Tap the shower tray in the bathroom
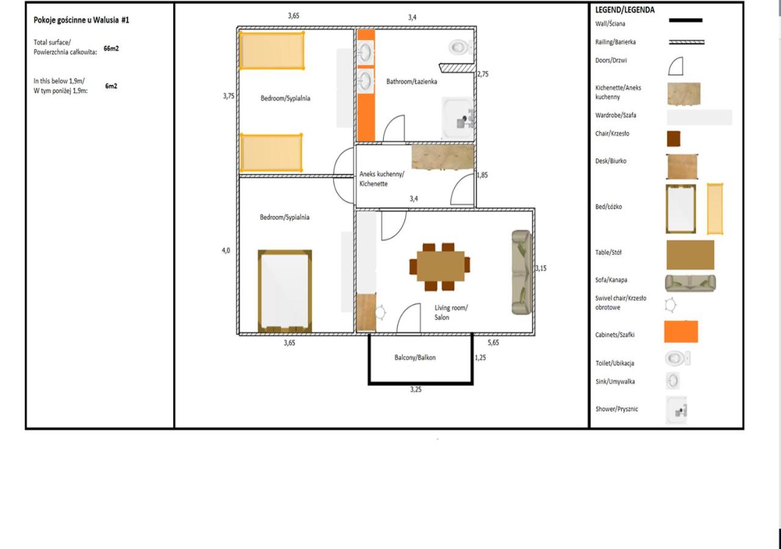[x=458, y=118]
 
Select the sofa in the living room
[x=522, y=272]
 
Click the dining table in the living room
[x=441, y=265]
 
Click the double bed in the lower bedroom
[x=285, y=291]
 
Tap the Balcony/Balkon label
[x=415, y=357]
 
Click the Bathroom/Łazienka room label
[x=411, y=82]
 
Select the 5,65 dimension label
[x=493, y=343]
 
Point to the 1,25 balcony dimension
[x=480, y=357]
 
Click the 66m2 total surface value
[x=111, y=48]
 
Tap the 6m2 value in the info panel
[x=111, y=86]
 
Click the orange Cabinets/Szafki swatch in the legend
[x=681, y=331]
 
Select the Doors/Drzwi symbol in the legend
[x=675, y=66]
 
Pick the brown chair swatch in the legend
[x=674, y=138]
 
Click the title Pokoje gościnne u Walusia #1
[x=81, y=20]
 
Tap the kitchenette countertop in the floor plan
[x=443, y=157]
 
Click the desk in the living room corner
[x=366, y=312]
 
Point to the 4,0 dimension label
[x=226, y=251]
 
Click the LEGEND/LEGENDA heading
[x=625, y=10]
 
